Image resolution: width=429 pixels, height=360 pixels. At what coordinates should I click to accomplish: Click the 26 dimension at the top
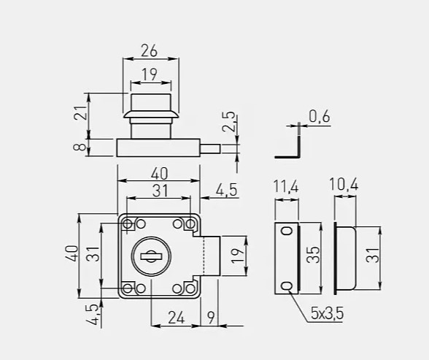150,51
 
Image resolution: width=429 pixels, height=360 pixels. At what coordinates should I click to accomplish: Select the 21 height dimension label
81,112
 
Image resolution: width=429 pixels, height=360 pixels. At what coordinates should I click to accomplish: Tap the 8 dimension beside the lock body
80,148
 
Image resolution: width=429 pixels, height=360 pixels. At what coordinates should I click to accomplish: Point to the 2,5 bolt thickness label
228,121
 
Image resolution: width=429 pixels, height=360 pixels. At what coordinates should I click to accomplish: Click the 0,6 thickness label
320,116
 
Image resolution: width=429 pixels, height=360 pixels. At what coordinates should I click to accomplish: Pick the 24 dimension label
177,318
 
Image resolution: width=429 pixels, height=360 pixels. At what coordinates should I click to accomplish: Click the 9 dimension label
211,318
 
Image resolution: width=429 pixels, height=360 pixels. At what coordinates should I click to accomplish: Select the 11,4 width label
286,187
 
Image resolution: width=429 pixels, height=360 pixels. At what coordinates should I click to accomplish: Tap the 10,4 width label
344,184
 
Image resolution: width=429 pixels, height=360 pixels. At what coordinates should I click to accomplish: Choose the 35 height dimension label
313,255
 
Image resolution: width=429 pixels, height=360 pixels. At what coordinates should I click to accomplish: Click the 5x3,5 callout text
327,313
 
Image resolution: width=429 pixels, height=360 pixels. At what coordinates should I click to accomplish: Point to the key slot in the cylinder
151,256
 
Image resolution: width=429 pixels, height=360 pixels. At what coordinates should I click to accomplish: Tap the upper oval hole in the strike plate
287,231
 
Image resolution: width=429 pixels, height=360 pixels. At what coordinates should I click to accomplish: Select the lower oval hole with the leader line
287,286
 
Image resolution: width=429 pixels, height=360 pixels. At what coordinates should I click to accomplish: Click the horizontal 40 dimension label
160,174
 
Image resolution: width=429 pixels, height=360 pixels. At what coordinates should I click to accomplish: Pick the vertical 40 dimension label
71,253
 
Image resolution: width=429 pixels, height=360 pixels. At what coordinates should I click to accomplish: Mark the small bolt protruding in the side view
210,149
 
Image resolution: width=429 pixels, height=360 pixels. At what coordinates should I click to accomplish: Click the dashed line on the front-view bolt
204,256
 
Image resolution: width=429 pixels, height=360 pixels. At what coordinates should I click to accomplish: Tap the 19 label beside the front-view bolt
238,256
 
